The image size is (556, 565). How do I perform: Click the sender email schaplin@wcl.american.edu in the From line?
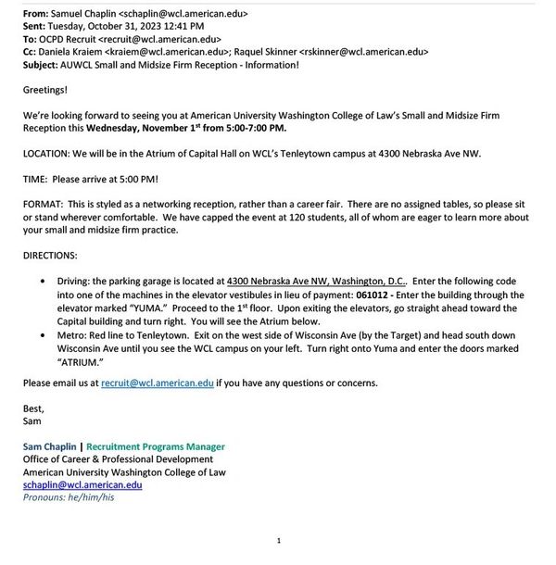coord(185,15)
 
